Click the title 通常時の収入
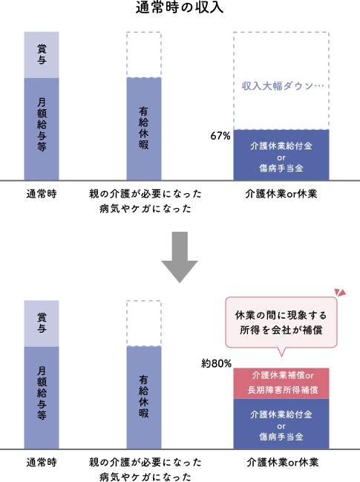[180, 9]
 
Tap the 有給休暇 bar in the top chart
[143, 128]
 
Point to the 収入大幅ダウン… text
[281, 85]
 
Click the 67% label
[220, 136]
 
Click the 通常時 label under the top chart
[42, 194]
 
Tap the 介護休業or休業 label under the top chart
[282, 194]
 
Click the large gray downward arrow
[180, 257]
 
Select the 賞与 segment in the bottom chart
[42, 323]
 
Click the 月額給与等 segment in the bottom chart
[42, 397]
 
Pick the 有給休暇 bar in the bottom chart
[143, 397]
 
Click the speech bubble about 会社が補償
[281, 322]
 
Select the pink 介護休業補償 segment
[281, 382]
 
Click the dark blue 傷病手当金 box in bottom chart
[281, 424]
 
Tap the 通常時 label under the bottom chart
[42, 463]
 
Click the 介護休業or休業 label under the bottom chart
[282, 463]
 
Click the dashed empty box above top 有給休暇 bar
[143, 54]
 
